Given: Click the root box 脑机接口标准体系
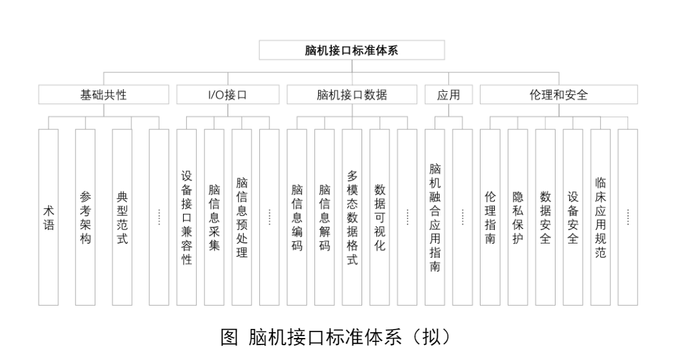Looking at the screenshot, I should coord(352,50).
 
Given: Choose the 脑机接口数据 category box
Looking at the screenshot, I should coord(352,95).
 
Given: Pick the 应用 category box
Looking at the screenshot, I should coord(448,95).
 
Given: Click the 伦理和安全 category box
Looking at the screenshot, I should coord(558,95).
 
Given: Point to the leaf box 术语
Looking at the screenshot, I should coord(49,217).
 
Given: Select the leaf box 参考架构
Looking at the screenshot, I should coord(85,217).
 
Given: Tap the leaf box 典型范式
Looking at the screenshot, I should coord(122,217).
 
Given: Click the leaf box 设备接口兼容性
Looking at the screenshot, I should coord(186,217).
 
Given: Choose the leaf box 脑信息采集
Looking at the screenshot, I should coord(214,217).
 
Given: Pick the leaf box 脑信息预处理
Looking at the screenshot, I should coord(242,217).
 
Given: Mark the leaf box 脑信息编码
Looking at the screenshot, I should coord(297,217).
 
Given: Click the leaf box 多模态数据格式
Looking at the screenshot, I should coord(352,217).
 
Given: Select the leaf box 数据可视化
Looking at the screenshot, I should coord(380,217).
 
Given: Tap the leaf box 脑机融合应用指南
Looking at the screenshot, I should coord(435,217).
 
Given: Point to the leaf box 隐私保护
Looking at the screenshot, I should coord(518,217).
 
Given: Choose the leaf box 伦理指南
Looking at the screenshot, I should coord(490,217).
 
